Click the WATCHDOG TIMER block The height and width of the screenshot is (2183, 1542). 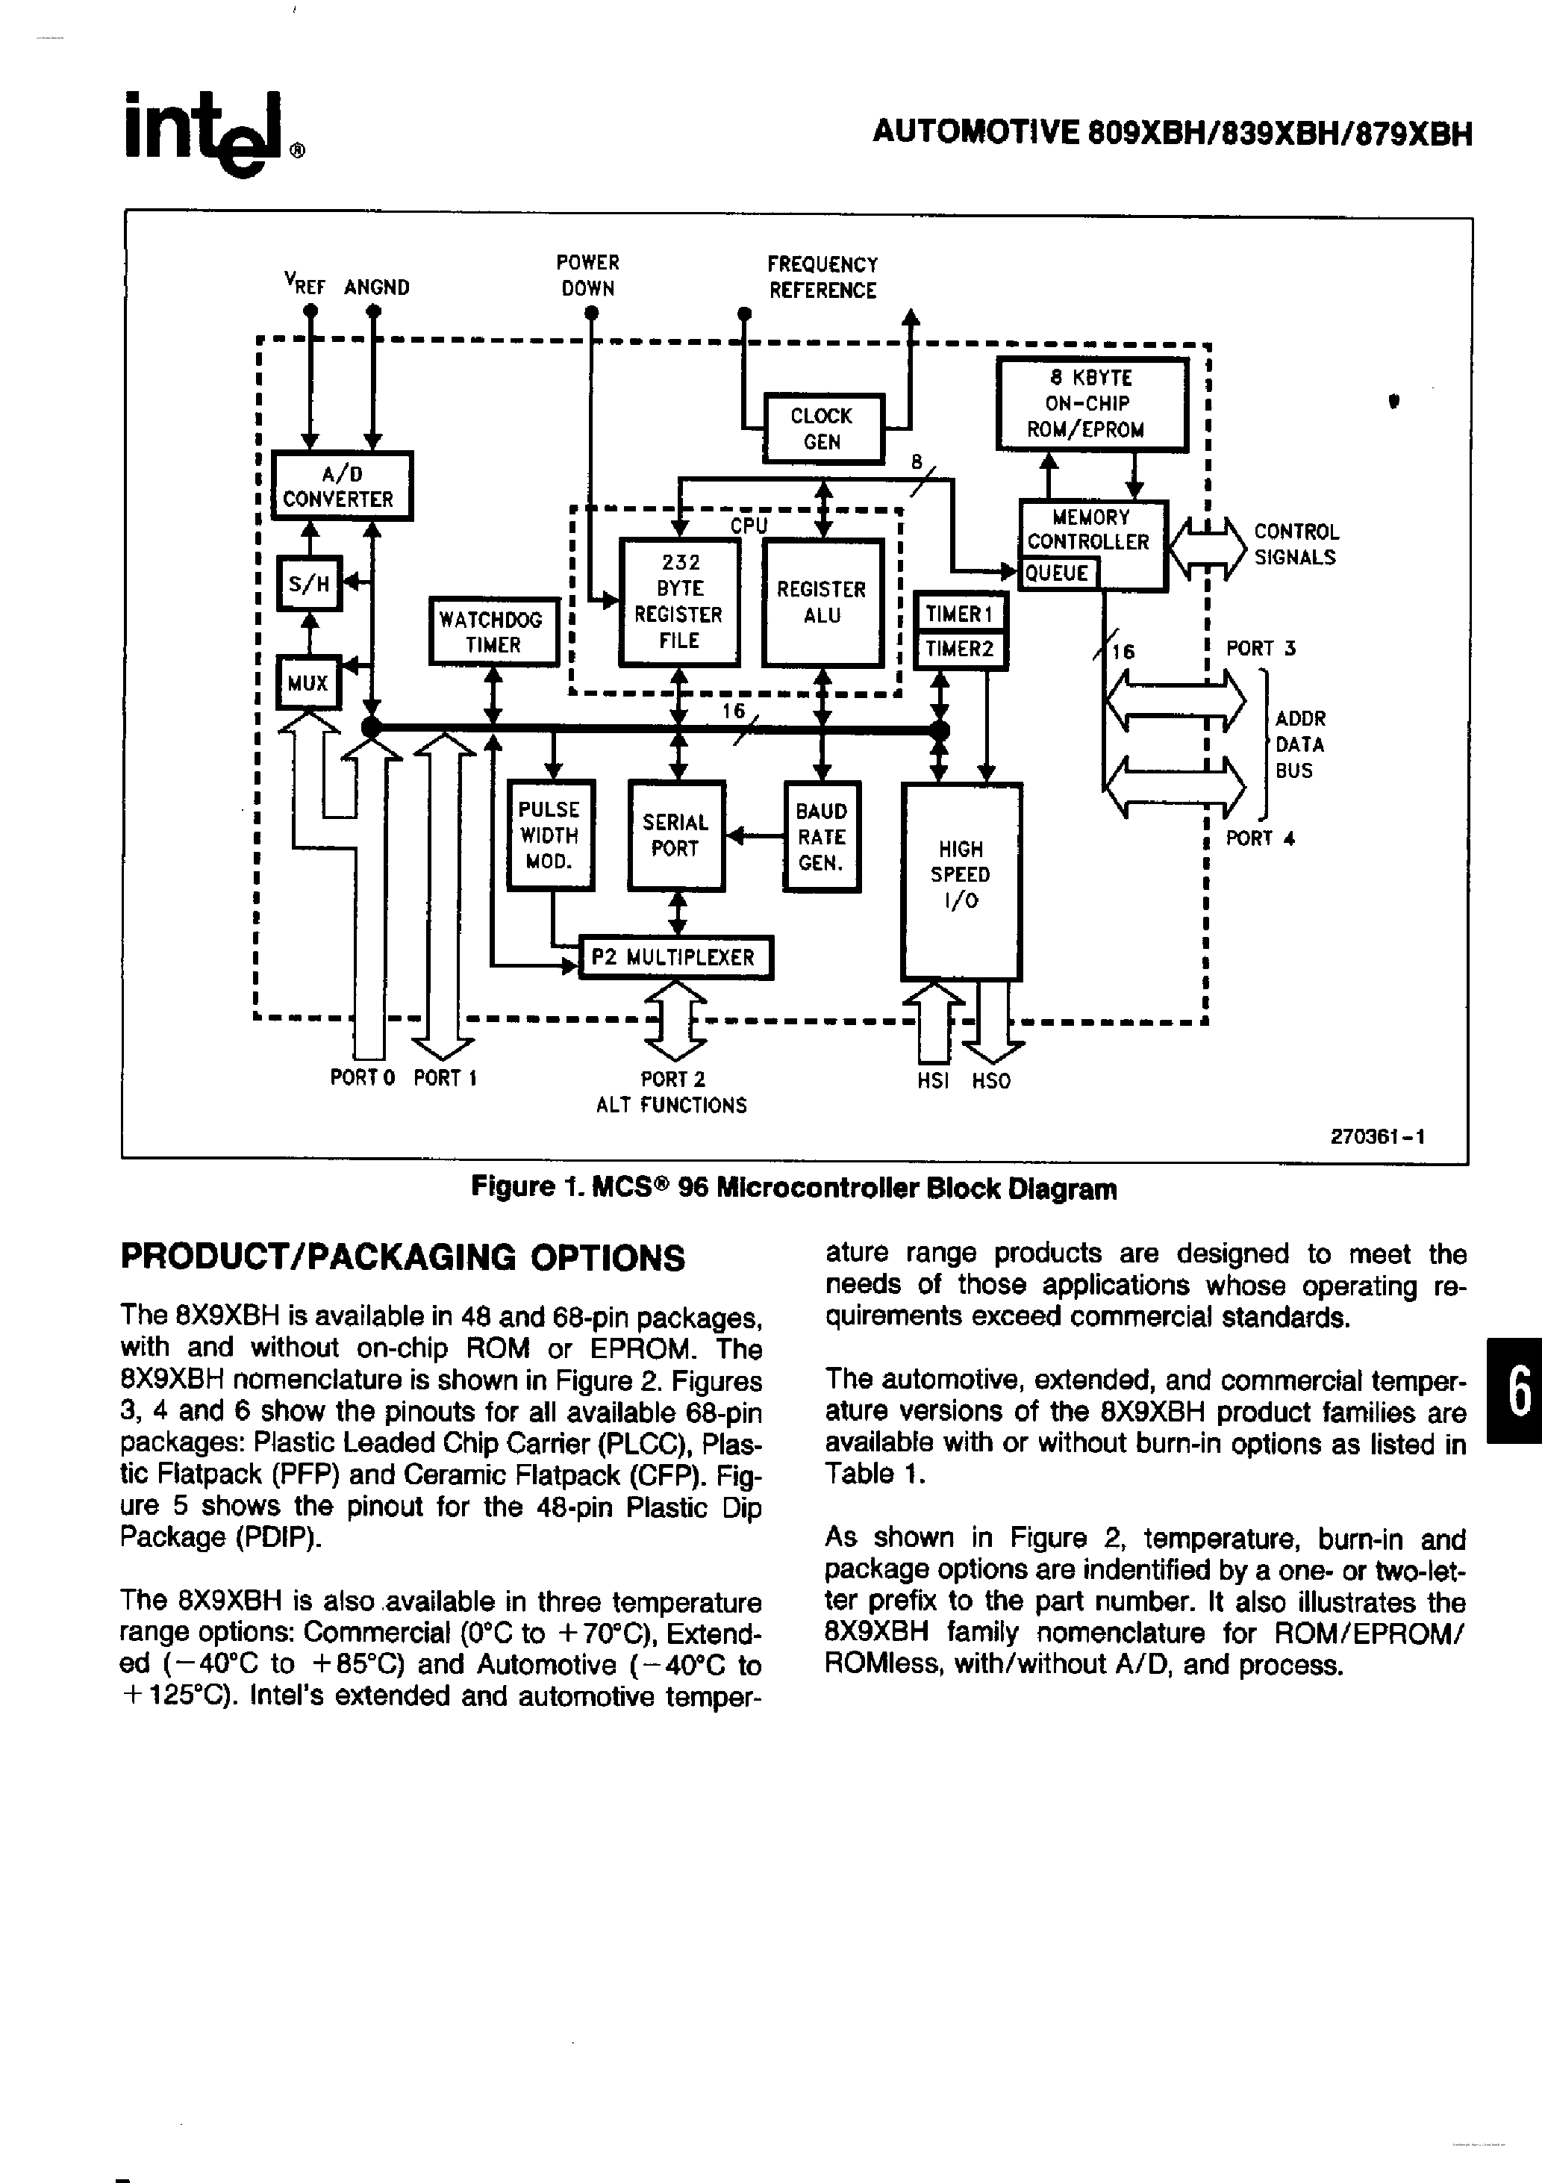click(493, 632)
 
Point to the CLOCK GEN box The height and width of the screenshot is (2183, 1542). click(823, 429)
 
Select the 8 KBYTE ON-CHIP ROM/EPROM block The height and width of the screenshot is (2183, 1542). click(1091, 404)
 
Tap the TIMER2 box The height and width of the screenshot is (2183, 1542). click(959, 650)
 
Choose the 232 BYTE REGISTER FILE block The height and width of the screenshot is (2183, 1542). click(678, 602)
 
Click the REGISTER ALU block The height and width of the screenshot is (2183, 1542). click(822, 602)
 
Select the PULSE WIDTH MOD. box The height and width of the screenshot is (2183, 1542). click(550, 835)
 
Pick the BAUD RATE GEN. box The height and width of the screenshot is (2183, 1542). click(822, 837)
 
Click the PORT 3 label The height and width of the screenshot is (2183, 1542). click(1261, 649)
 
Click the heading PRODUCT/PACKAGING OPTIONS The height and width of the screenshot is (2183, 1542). click(402, 1258)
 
